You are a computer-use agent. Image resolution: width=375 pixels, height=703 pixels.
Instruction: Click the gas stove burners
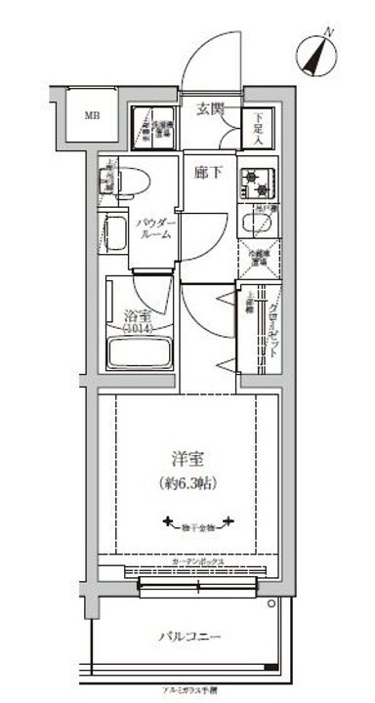[259, 181]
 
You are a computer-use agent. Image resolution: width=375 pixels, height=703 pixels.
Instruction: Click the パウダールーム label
[155, 227]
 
